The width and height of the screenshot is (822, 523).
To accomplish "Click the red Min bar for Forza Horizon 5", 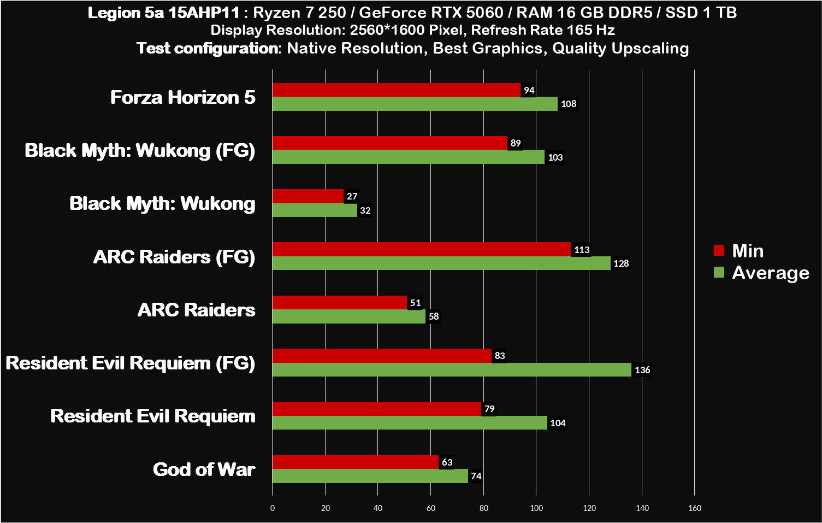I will click(x=396, y=90).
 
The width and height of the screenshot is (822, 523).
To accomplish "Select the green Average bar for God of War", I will click(x=370, y=476).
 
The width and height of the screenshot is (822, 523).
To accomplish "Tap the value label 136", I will click(x=642, y=370).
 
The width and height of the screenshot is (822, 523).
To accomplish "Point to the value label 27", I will click(x=352, y=196).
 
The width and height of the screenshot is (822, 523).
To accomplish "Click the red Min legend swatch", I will click(x=719, y=250).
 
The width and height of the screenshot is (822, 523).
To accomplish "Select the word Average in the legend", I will click(x=770, y=273).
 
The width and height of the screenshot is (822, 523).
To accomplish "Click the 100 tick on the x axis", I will click(x=536, y=508).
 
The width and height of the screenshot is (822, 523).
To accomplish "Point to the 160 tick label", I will click(x=695, y=508).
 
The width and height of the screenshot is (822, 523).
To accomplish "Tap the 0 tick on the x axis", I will click(x=273, y=508).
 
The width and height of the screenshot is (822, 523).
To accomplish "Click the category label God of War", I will click(x=204, y=469).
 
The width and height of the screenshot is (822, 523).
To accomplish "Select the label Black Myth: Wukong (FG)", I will click(x=140, y=150).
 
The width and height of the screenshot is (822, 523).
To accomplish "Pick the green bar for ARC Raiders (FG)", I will click(x=441, y=263).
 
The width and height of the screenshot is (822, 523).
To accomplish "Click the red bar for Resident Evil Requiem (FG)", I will click(x=382, y=356).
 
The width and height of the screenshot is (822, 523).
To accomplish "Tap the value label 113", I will click(x=582, y=250).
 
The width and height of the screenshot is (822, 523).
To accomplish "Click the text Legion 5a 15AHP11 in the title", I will click(x=163, y=13).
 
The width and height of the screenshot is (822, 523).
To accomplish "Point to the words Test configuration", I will click(x=208, y=48).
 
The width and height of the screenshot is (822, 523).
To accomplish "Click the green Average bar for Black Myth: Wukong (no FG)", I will click(x=315, y=210).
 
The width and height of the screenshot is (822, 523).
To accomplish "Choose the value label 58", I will click(x=434, y=316).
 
